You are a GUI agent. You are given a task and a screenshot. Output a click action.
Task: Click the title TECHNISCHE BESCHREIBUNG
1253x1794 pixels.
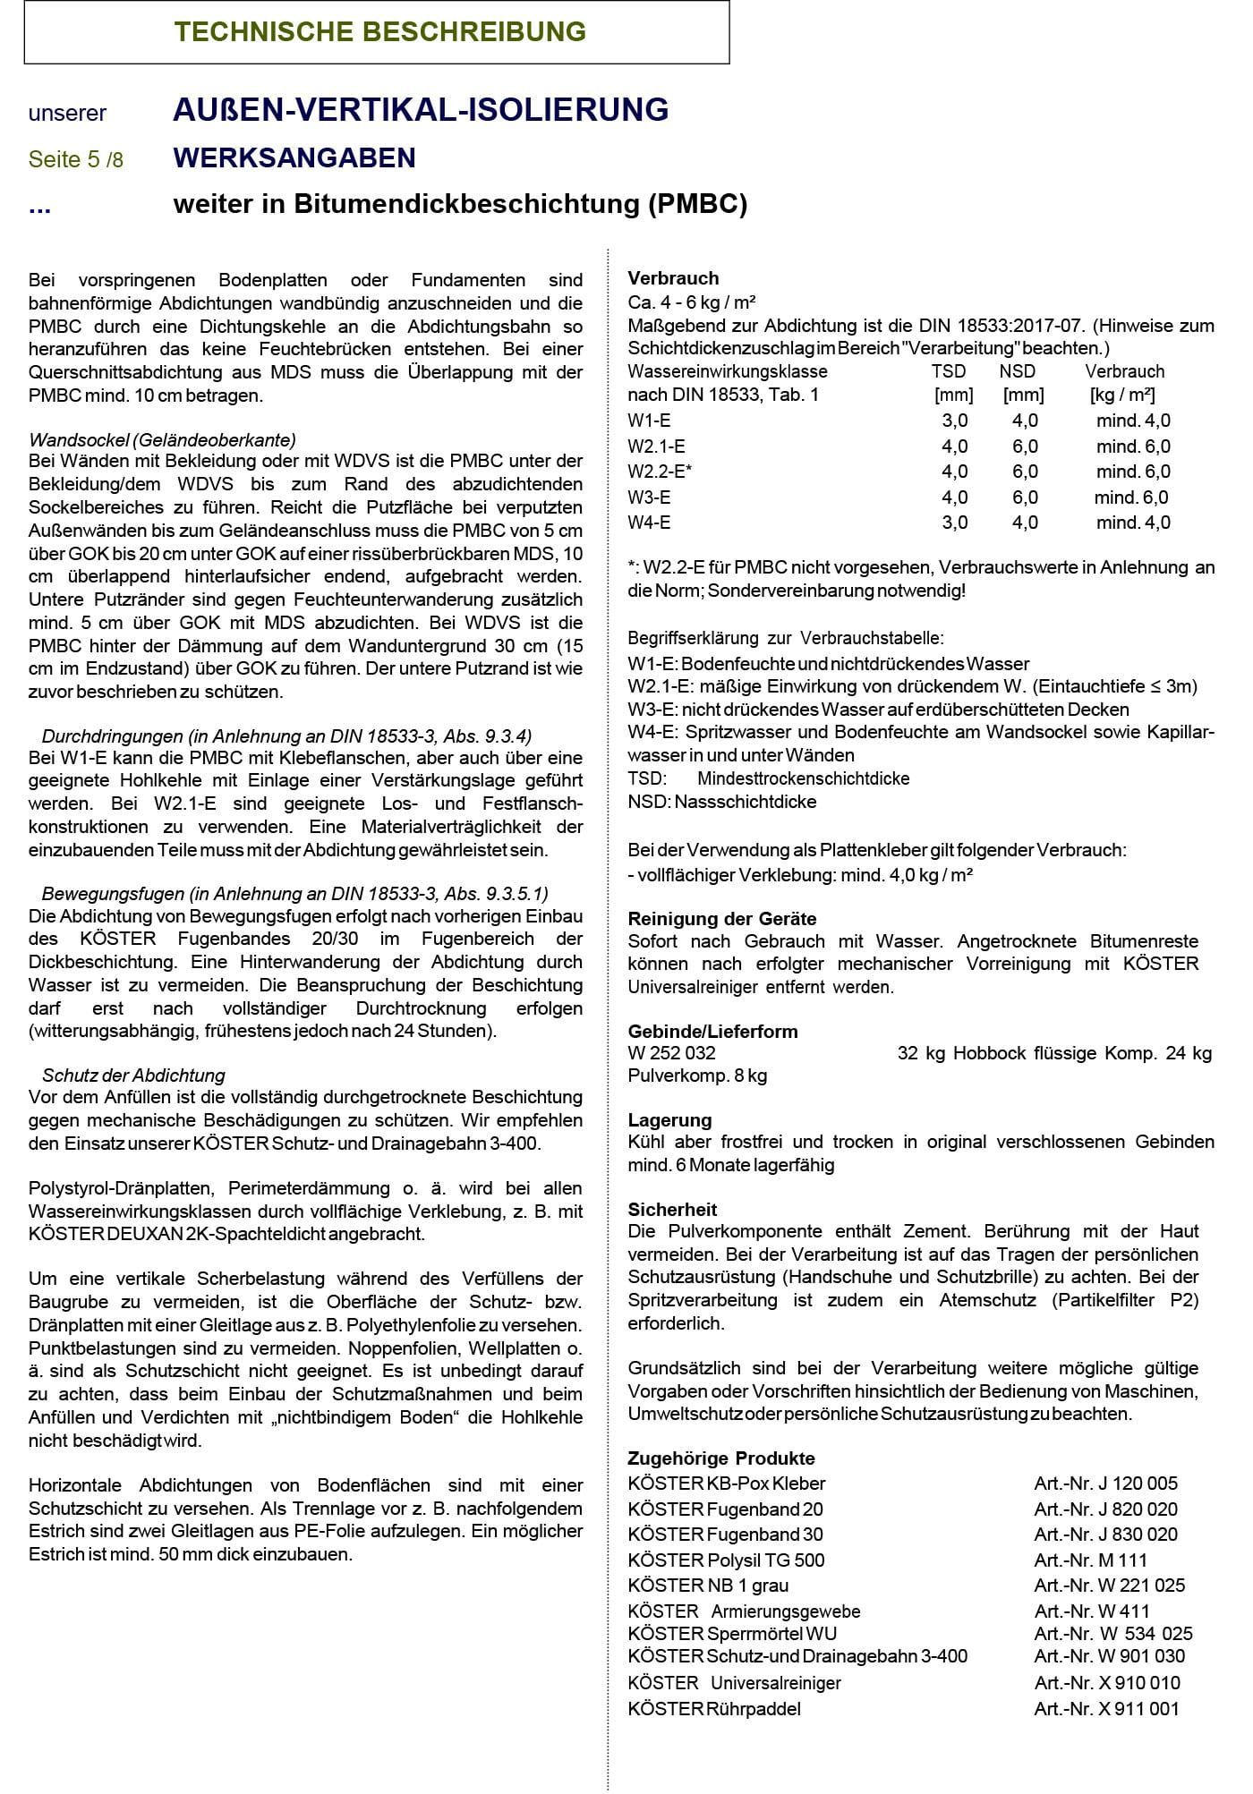coord(380,32)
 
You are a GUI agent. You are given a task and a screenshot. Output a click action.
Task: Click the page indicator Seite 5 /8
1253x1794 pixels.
coord(76,160)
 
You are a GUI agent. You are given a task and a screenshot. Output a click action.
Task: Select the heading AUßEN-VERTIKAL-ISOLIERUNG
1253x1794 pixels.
coord(421,110)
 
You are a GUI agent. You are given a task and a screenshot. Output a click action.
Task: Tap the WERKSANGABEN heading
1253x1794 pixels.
coord(294,158)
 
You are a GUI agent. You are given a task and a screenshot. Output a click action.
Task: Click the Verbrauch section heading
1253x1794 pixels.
coord(673,278)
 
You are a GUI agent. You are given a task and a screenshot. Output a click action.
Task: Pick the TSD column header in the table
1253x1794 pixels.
coord(949,371)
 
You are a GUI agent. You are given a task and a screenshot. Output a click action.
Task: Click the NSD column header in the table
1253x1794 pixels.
coord(1018,371)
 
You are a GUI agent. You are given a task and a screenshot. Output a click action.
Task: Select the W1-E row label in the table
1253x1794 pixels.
coord(649,421)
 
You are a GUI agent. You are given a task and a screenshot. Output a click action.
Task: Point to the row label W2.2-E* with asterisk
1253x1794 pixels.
coord(660,472)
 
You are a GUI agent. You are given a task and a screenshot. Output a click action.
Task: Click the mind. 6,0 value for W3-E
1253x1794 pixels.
coord(1131,497)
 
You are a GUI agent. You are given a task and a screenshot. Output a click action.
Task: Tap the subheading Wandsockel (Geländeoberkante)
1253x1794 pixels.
coord(162,439)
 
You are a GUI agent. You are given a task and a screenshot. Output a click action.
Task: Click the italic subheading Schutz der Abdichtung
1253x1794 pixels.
coord(133,1076)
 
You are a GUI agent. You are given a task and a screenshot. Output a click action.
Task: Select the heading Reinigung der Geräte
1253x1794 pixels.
coord(722,919)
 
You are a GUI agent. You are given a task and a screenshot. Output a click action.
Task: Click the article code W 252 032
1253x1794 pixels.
coord(671,1053)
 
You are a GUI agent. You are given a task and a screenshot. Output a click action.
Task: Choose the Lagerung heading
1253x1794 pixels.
coord(669,1120)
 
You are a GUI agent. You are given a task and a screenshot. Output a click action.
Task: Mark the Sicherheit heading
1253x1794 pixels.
coord(673,1210)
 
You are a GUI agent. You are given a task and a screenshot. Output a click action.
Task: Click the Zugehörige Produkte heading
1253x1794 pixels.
coord(721,1458)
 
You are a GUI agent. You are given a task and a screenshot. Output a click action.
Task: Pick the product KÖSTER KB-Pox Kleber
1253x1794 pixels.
coord(727,1484)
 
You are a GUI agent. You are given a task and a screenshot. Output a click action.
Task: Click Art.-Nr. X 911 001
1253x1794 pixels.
coord(1106,1709)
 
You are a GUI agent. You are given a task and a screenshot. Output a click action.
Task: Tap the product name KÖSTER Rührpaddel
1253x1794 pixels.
coord(714,1709)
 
